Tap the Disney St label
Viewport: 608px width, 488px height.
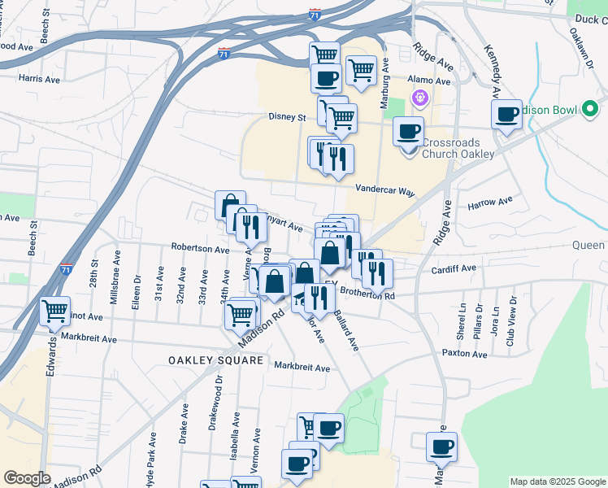[287, 117]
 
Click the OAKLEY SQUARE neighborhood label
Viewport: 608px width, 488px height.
[215, 359]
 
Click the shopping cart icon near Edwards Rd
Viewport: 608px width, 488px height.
[54, 311]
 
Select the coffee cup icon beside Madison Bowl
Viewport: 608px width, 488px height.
[507, 114]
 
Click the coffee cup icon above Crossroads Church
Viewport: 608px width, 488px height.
[408, 130]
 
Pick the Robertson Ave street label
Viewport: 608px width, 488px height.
[200, 247]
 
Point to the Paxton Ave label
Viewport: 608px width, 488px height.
[463, 353]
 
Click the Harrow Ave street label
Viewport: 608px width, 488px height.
[490, 202]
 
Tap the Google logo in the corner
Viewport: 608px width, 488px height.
[27, 477]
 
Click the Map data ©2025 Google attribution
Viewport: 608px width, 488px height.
[558, 481]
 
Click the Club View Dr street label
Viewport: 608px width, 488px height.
[510, 326]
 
